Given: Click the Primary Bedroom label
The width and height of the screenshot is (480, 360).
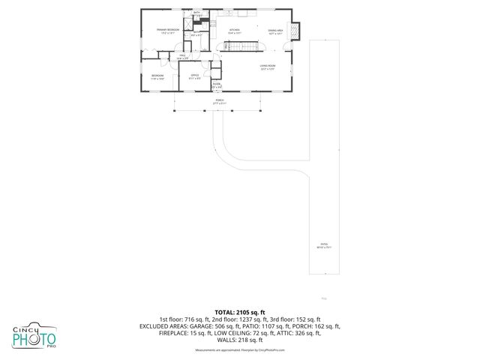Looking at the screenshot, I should point(168,31).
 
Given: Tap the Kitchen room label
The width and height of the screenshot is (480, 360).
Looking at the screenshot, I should point(234,31).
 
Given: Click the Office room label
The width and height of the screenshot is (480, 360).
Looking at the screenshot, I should point(194,76).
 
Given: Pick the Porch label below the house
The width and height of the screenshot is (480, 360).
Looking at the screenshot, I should point(220,100).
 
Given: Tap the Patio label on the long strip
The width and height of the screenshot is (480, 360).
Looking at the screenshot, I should point(324,244).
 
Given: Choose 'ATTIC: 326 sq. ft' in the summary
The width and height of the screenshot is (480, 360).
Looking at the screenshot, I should point(300,334).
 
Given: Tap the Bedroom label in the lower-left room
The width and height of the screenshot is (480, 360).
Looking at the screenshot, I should point(157,76).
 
